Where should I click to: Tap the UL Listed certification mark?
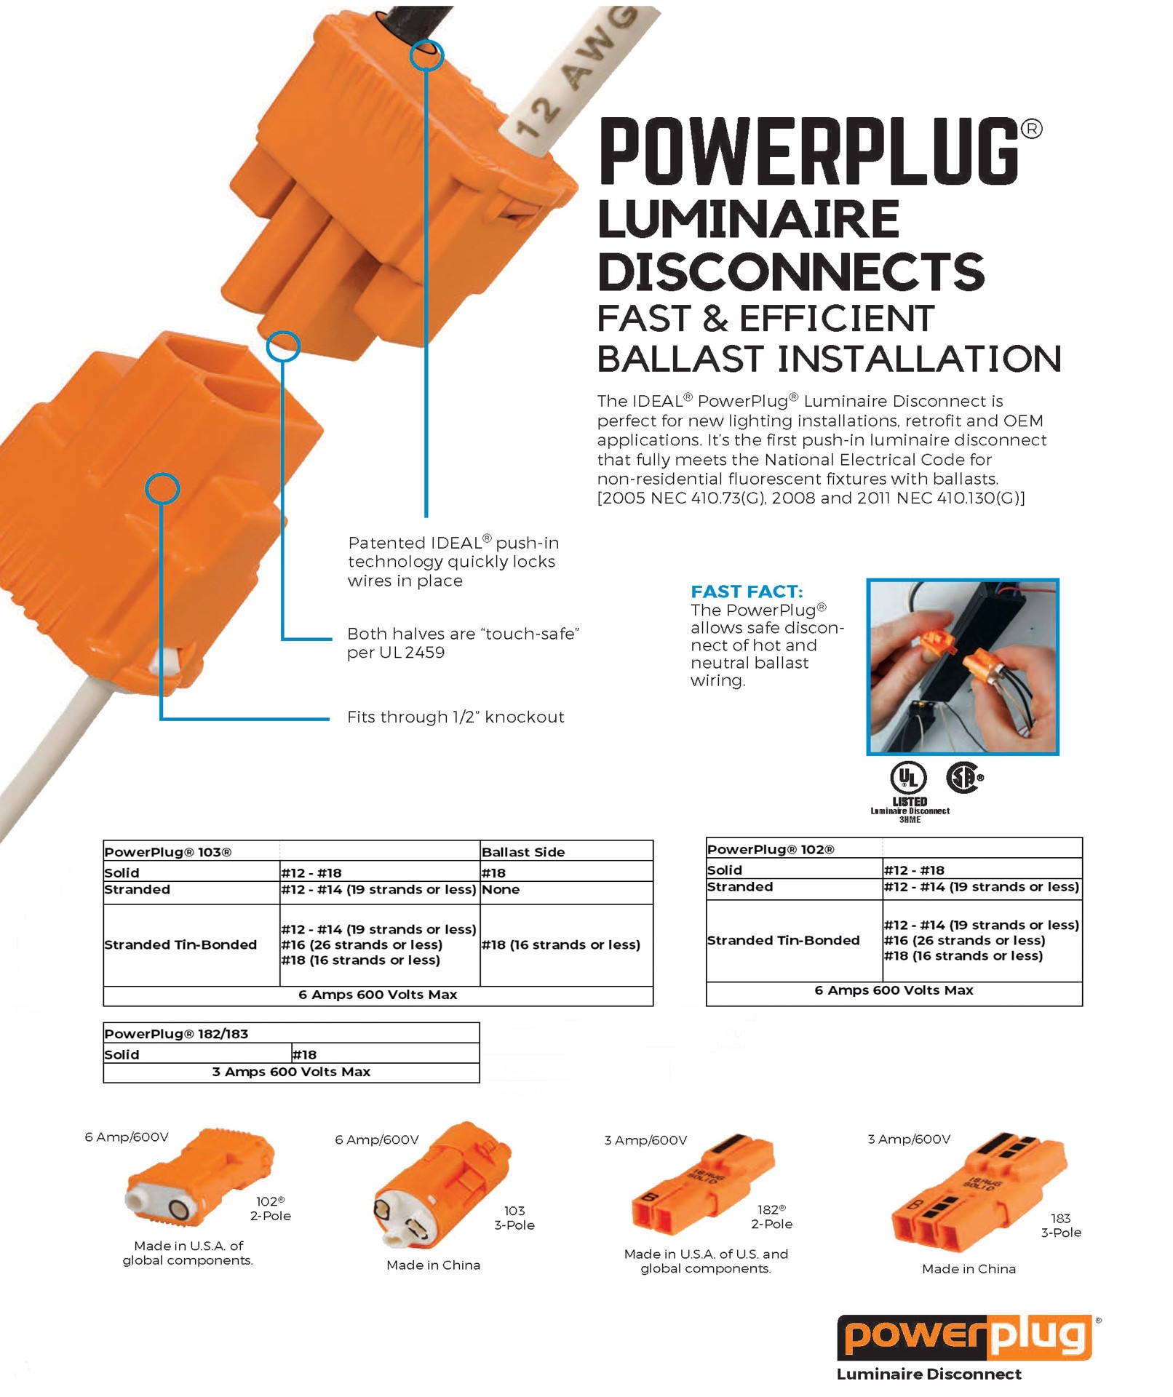pos(908,779)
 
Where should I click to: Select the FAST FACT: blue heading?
pos(747,592)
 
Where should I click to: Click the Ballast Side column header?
pos(522,852)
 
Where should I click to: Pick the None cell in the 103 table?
pos(501,890)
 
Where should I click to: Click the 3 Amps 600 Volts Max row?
pos(291,1072)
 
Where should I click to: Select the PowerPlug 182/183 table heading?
pos(176,1034)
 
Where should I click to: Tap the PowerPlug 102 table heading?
pos(770,849)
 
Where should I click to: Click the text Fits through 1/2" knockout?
pos(456,717)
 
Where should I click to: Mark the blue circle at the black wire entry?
pos(426,55)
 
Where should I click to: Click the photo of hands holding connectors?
pos(962,666)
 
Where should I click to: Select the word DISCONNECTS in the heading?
pos(790,272)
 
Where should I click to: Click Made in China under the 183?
pos(969,1269)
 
